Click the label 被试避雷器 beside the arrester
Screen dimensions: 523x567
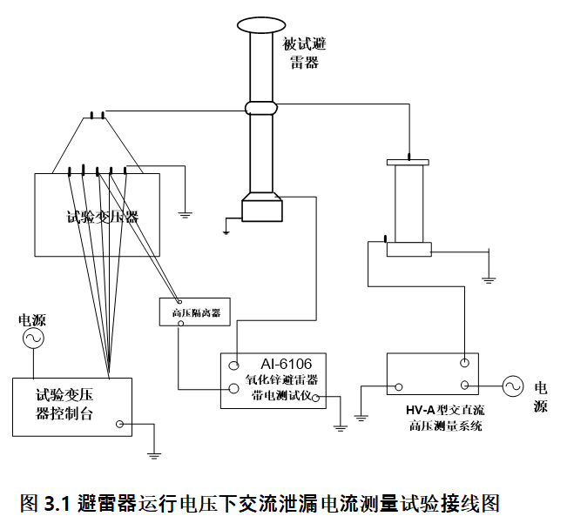pos(305,53)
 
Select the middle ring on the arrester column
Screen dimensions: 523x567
pos(260,108)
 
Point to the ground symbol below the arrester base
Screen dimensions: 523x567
pos(226,230)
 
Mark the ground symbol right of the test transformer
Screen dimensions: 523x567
pos(185,210)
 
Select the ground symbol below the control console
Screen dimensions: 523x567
pos(153,453)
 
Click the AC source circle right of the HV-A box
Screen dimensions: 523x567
pos(509,385)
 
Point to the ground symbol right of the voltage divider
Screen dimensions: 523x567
pos(489,279)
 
